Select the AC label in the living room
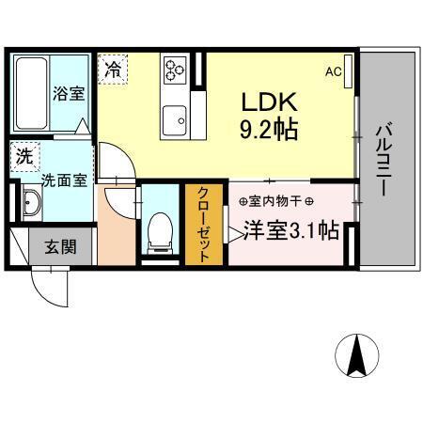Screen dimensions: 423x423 333,71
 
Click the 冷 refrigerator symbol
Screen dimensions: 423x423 113,69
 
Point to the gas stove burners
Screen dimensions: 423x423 175,69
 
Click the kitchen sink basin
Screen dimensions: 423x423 175,120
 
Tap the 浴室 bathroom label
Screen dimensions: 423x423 67,94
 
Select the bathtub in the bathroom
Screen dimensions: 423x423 32,93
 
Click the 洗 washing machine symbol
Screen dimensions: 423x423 23,154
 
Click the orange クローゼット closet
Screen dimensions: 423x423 201,223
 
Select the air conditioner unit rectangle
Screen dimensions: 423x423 349,70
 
